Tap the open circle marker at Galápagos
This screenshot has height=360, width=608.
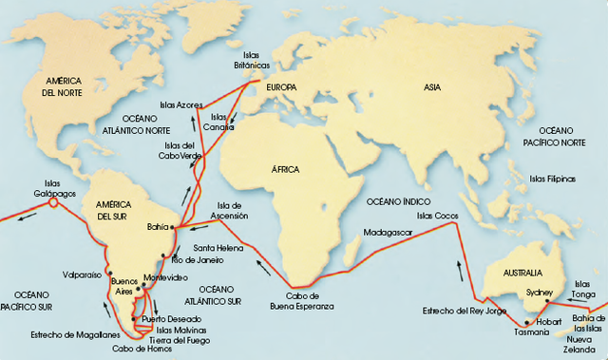coord(54,202)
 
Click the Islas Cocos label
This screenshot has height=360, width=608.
coord(437,216)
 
